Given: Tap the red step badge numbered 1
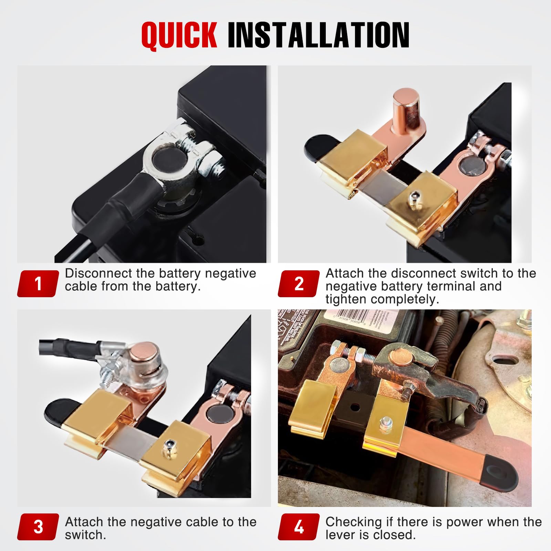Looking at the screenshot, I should (x=38, y=284).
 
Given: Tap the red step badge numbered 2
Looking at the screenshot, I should (x=299, y=284).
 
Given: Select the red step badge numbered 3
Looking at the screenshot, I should (x=38, y=527).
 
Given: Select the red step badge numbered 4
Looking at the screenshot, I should (x=299, y=527).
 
